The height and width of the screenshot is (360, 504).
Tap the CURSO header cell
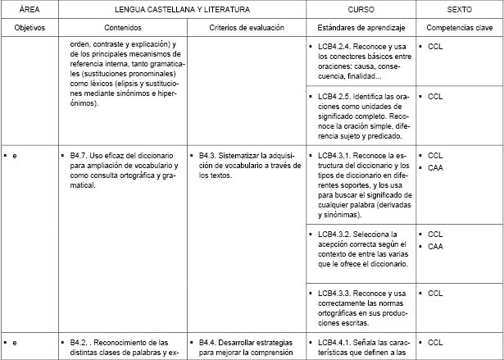[x=360, y=9]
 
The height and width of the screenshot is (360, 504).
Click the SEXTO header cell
[x=459, y=9]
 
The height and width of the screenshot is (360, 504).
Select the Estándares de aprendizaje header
[x=360, y=27]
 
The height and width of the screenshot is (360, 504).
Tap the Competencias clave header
[x=459, y=27]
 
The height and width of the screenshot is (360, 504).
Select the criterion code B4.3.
[x=207, y=155]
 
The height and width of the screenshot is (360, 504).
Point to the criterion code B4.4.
[x=207, y=342]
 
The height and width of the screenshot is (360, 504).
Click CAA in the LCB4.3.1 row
[x=435, y=167]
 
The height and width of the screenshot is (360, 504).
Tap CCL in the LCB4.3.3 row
[x=435, y=293]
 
